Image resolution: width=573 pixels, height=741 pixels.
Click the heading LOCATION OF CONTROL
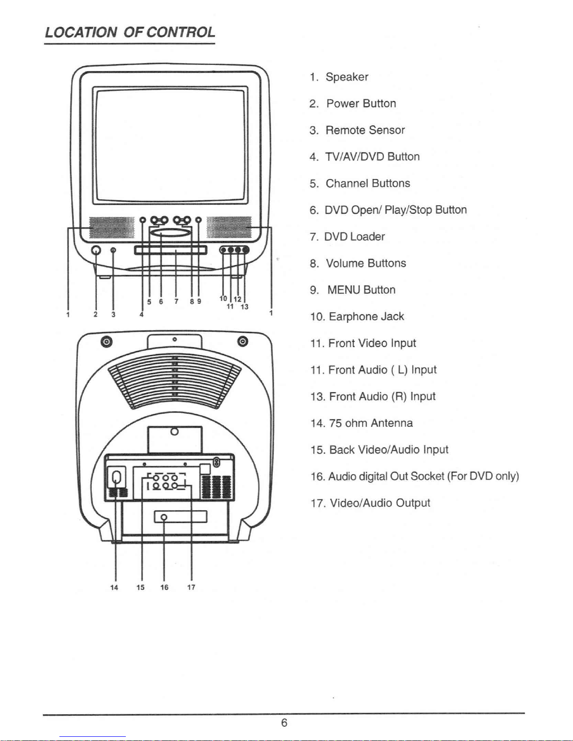pos(130,32)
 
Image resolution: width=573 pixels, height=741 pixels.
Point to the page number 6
pos(284,723)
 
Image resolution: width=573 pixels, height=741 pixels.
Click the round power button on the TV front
pos(96,250)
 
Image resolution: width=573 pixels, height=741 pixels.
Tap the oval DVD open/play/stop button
pos(170,233)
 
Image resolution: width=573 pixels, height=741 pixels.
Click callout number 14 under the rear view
pos(114,587)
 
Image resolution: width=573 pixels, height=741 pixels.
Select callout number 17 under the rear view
pos(191,587)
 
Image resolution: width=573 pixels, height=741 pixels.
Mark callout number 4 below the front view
pos(141,315)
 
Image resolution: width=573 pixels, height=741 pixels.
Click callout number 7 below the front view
pos(176,302)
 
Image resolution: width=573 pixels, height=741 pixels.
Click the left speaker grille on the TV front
pos(112,228)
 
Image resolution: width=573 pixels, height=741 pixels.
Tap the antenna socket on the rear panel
pos(116,476)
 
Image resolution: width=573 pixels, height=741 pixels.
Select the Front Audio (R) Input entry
pos(373,396)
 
